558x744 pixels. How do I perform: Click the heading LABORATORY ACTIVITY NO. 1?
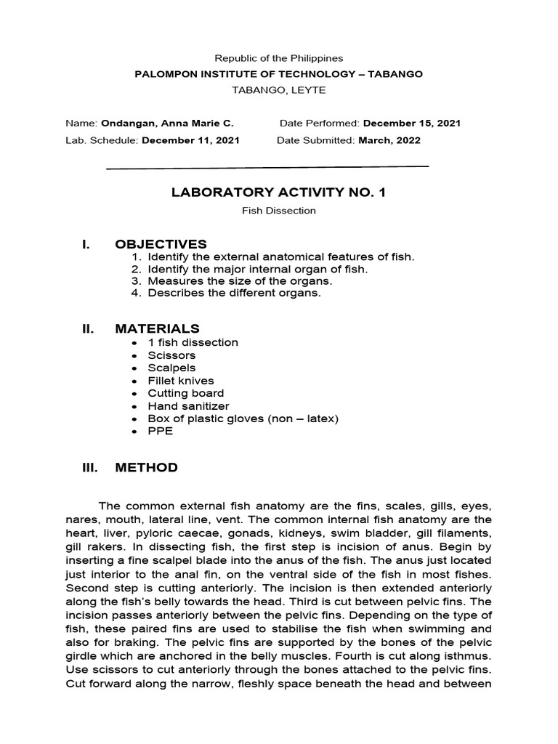[279, 193]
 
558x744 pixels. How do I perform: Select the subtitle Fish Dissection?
[279, 211]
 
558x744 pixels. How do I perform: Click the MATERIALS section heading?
[157, 329]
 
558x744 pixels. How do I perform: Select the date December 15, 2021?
[412, 124]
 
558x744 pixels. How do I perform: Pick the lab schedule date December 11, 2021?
[190, 140]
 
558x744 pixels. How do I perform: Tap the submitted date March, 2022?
[389, 140]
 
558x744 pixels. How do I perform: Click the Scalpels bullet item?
[171, 368]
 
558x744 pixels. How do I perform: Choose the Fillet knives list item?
[180, 381]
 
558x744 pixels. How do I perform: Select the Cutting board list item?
[185, 393]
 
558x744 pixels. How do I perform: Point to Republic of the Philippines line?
[279, 58]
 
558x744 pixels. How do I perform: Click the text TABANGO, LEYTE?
[279, 90]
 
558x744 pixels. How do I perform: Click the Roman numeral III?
[89, 467]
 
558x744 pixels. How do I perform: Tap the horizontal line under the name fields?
[267, 167]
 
